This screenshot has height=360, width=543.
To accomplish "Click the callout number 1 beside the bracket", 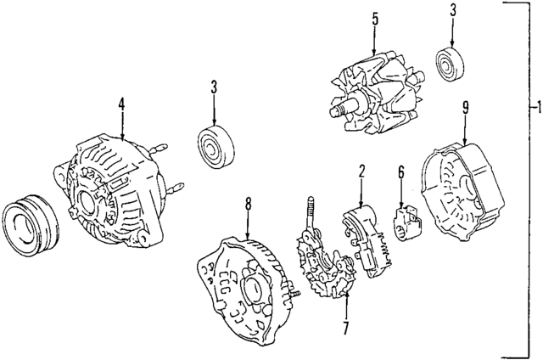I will tap(535, 108).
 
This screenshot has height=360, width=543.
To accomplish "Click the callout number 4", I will tap(121, 105).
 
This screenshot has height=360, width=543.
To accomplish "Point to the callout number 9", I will tap(465, 107).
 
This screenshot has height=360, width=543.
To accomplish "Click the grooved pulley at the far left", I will tap(29, 225).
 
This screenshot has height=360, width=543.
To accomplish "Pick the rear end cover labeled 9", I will tap(462, 194).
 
